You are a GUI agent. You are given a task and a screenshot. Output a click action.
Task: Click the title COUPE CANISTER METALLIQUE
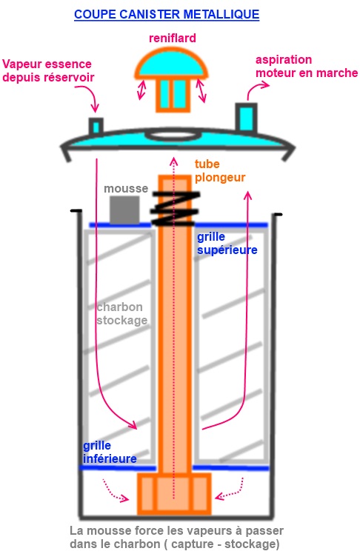point(167,15)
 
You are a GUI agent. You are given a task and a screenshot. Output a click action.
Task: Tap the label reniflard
point(173,39)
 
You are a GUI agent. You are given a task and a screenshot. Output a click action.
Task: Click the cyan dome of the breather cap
point(171,63)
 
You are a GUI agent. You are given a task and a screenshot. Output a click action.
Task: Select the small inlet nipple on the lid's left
point(96,126)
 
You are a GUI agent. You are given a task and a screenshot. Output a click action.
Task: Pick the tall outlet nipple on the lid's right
point(246,117)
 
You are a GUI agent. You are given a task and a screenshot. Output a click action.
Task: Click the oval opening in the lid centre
point(171,135)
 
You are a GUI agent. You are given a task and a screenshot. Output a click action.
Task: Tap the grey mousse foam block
point(124,210)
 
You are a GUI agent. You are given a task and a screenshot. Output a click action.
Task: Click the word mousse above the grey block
point(126,189)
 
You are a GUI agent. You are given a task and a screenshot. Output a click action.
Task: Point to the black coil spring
point(175,208)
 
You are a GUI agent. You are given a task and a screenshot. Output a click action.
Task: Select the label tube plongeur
point(220,170)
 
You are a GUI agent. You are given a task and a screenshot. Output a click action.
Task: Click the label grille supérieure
point(227,243)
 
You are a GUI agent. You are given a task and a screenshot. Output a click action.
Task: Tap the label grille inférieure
point(110,452)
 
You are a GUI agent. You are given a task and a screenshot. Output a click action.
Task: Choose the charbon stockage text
point(122,313)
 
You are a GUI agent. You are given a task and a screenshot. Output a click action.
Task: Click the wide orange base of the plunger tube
point(174,494)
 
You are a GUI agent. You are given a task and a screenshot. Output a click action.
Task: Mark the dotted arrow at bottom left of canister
point(115,491)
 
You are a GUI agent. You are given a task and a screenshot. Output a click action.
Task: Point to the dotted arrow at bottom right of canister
point(230,489)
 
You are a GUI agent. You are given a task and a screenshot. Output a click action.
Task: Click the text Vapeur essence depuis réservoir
point(48,70)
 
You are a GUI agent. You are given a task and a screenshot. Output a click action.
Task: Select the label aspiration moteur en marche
point(307,66)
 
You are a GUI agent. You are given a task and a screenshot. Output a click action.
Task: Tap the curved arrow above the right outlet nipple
point(257,90)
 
